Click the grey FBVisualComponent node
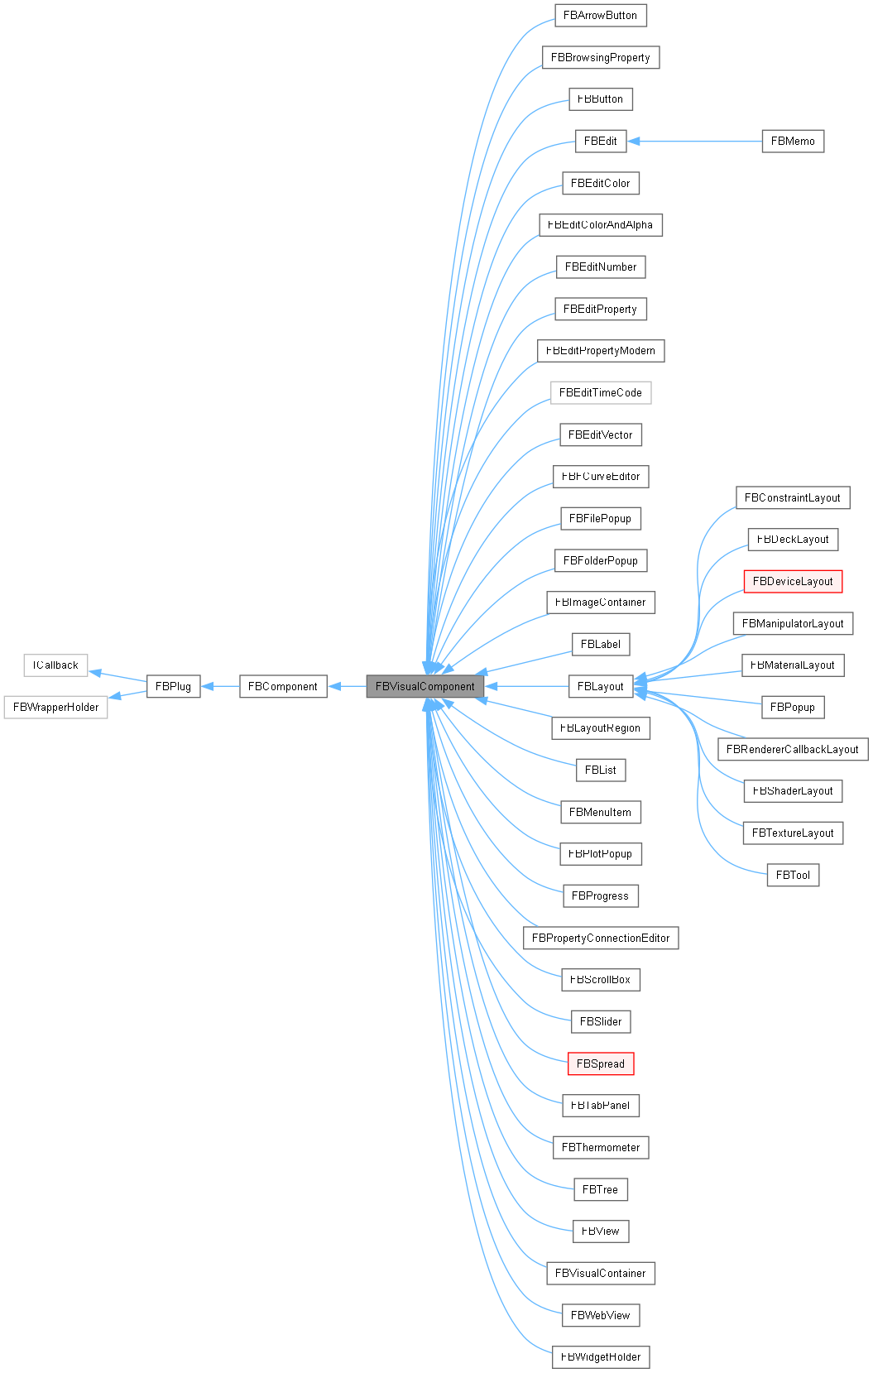click(425, 686)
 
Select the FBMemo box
click(792, 141)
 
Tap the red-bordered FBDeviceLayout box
click(793, 581)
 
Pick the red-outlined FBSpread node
click(601, 1063)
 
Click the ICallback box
click(55, 665)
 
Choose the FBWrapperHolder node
click(55, 707)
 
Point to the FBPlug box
click(173, 686)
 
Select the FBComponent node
click(282, 686)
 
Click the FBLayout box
click(600, 686)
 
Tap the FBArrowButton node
click(600, 15)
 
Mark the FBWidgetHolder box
click(601, 1356)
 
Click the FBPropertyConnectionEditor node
click(601, 938)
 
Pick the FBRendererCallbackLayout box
click(792, 749)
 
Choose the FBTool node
click(793, 875)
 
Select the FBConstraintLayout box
click(792, 497)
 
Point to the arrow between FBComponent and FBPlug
click(220, 686)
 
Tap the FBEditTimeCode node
click(601, 392)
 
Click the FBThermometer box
click(601, 1147)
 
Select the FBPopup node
click(792, 707)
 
